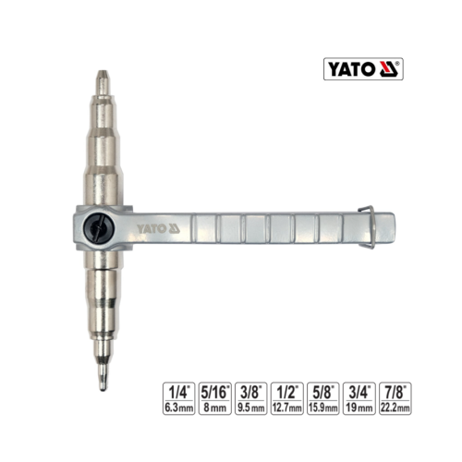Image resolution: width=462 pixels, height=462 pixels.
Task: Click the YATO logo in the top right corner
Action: tap(363, 69)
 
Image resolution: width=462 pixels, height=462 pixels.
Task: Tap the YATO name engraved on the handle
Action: tap(152, 229)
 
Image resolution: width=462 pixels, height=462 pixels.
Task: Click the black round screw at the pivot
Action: tap(99, 228)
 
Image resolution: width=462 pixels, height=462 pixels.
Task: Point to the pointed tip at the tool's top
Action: tap(103, 73)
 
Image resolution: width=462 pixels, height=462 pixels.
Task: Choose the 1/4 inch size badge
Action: tap(178, 398)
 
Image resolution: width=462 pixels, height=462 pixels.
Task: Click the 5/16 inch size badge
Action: tap(214, 398)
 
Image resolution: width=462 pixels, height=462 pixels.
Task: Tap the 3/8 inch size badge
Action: tap(251, 398)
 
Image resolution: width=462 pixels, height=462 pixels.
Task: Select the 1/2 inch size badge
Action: tap(287, 398)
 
